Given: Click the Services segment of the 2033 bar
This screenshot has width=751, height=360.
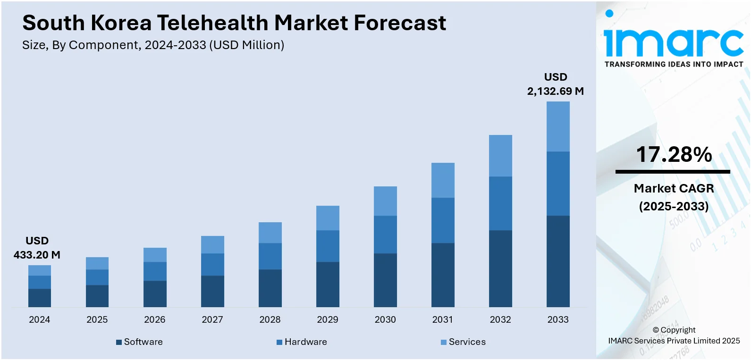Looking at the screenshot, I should (x=558, y=126).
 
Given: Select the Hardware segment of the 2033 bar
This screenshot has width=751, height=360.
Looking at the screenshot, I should (x=558, y=184).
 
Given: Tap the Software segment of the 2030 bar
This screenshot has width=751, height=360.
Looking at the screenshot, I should (x=385, y=280).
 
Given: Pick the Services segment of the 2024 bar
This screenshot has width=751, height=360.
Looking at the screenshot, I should (x=40, y=270).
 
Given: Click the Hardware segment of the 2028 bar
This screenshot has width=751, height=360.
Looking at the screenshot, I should (x=270, y=256).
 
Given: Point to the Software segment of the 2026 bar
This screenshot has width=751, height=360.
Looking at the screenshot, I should (x=155, y=294).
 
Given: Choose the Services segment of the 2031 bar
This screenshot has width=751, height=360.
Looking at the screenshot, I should (x=443, y=180).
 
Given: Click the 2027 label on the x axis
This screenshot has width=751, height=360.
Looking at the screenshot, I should (x=212, y=319).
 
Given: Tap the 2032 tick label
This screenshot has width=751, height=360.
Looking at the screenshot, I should (x=500, y=319).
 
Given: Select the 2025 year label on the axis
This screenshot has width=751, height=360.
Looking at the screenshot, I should (x=97, y=319).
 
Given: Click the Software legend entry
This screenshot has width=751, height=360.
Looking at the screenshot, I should (x=140, y=342).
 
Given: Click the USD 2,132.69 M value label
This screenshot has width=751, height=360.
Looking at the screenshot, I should (x=556, y=84).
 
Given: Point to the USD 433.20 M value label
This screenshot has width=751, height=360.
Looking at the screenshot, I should (x=37, y=248).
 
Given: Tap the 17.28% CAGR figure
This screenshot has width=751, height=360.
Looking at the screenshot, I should (x=674, y=154).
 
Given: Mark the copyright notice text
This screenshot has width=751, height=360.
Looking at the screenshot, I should (x=674, y=335).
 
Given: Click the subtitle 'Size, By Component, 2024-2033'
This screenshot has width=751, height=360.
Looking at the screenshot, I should (x=153, y=45).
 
